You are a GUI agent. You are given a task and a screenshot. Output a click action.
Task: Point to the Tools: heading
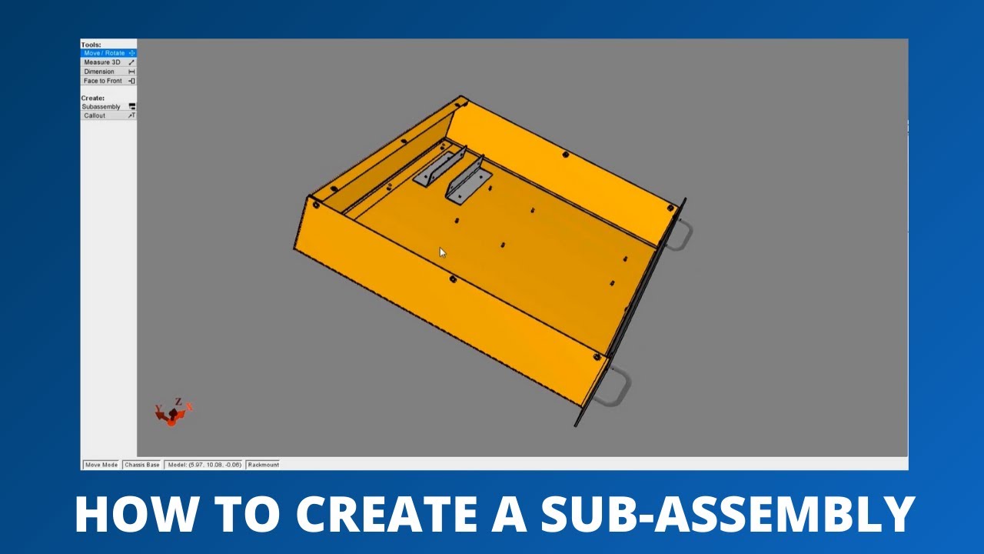tap(91, 45)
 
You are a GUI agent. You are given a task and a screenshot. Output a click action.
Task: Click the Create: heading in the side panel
tap(92, 98)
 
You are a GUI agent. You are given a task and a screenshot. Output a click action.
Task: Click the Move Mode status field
tap(101, 465)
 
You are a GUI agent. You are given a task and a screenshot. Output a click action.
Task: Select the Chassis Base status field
tap(142, 465)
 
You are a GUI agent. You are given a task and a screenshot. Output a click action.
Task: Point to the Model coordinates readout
tap(204, 465)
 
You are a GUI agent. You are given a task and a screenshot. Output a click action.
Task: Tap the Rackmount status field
tap(263, 465)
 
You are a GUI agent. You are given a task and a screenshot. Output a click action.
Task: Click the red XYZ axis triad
tap(173, 412)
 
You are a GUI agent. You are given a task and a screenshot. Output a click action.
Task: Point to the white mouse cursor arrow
tap(442, 252)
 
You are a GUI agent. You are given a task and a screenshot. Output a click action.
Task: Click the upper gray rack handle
tap(680, 235)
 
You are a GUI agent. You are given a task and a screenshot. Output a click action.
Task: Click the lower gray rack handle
tap(616, 388)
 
